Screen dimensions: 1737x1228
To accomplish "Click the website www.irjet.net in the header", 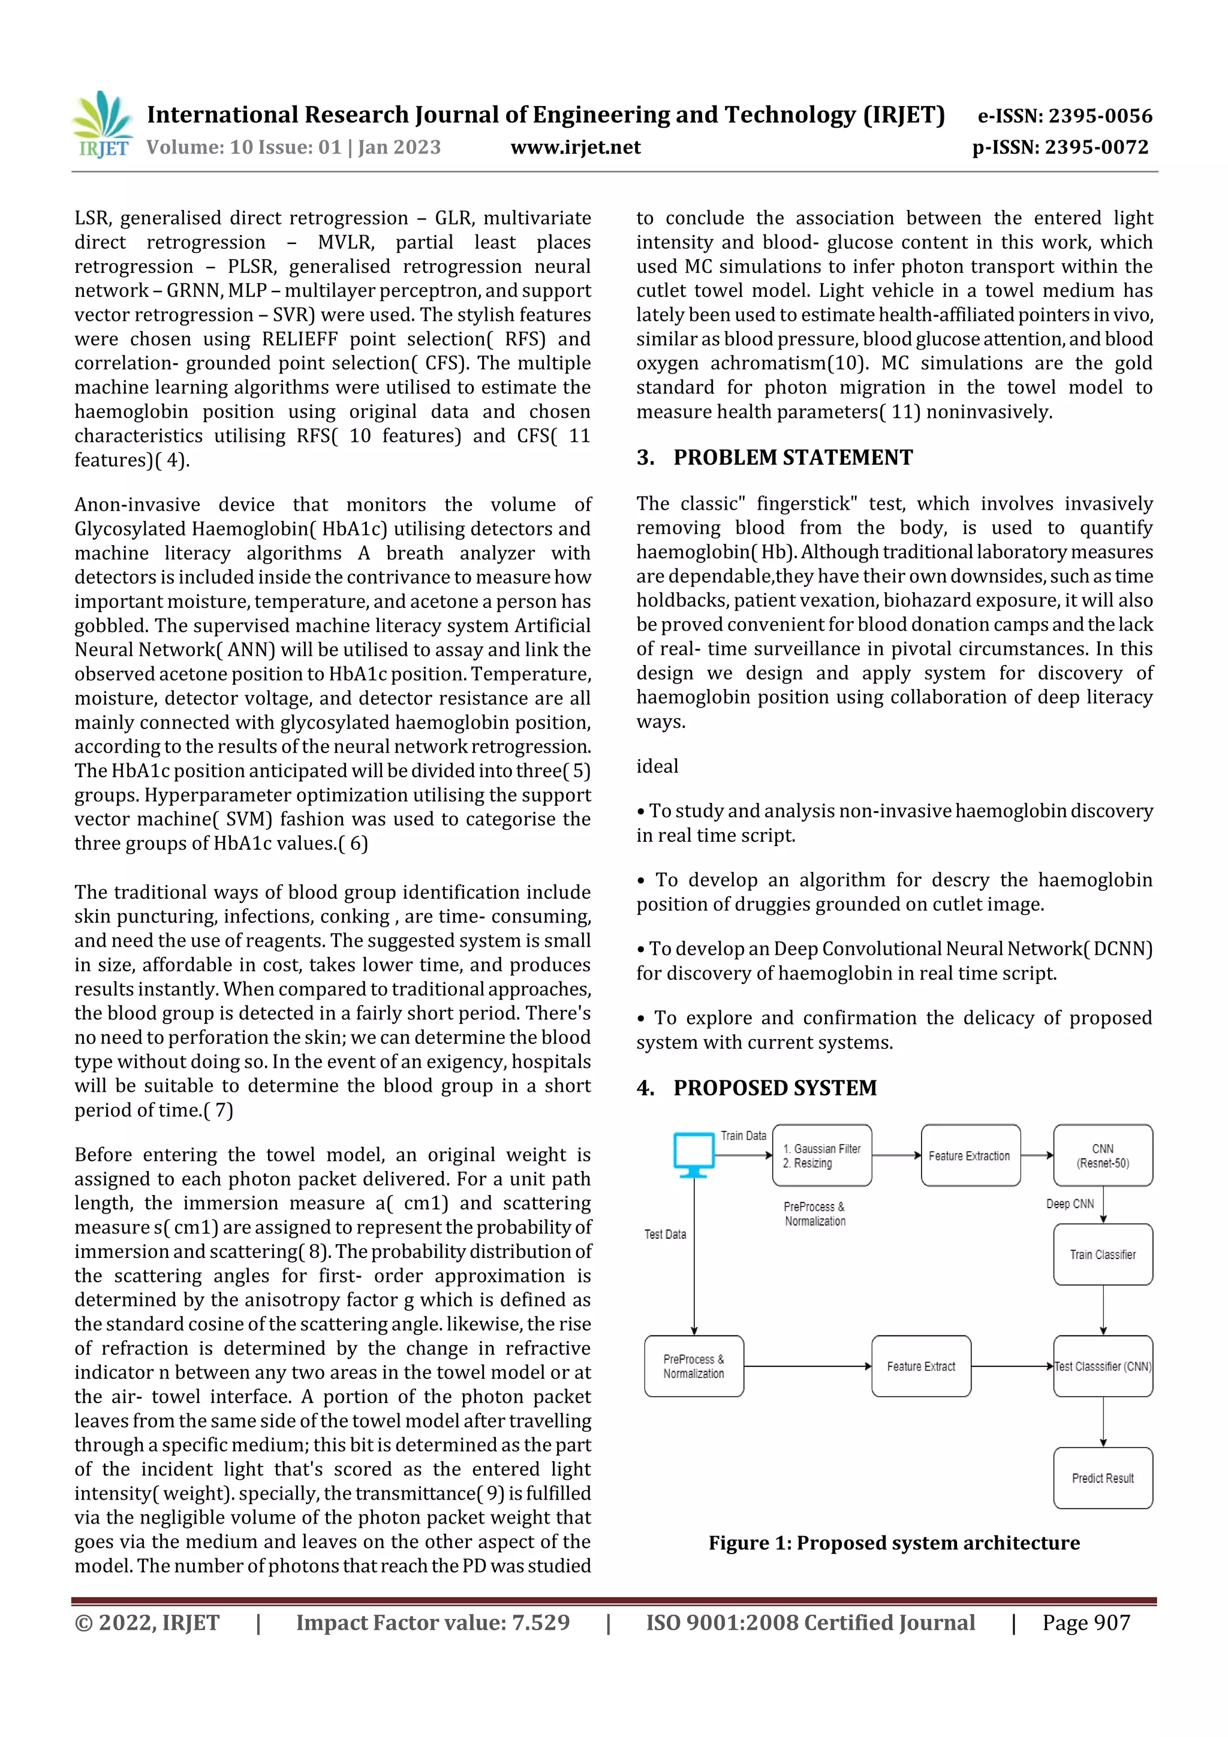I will [x=575, y=147].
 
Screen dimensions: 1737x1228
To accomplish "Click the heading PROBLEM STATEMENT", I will [x=792, y=457].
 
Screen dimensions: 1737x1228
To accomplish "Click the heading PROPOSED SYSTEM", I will [x=774, y=1088].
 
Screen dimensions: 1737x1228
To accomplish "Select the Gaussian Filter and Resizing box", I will [x=821, y=1155].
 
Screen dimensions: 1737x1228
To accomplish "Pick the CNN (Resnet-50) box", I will [x=1103, y=1155].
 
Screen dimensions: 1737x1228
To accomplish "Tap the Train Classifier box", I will [x=1103, y=1254].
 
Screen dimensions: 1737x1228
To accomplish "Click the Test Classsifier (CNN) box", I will [x=1103, y=1366].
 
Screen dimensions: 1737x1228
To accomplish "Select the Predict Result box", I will [x=1103, y=1478].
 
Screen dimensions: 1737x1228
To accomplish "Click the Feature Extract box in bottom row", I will [x=921, y=1366].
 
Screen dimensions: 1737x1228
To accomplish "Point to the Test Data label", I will [x=665, y=1234].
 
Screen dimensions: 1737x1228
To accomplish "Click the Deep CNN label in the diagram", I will [x=1069, y=1203].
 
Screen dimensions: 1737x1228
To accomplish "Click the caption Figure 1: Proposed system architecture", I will [x=893, y=1543].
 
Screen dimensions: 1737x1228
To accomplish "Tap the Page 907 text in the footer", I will [x=1086, y=1622].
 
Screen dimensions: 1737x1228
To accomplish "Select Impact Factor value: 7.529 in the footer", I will [x=432, y=1622].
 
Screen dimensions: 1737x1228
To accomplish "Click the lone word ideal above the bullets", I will [x=657, y=766].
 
